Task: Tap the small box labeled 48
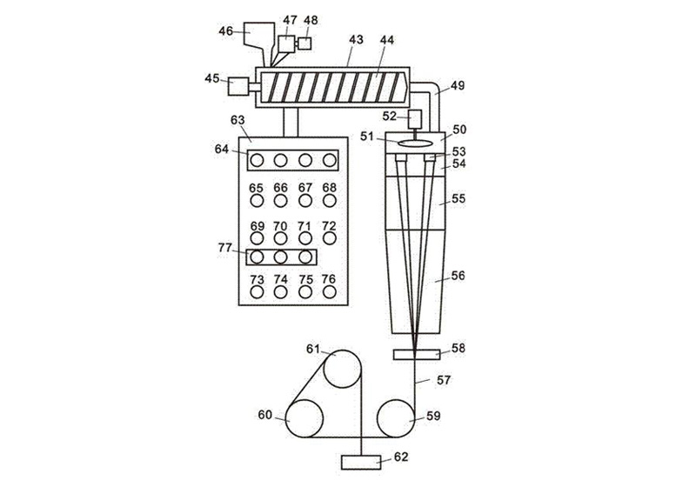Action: [x=304, y=43]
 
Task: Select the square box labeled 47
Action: [x=286, y=43]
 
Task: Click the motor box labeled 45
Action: [x=238, y=86]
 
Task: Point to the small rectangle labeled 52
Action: [x=415, y=117]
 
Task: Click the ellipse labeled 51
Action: [x=416, y=143]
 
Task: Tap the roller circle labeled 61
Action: [x=342, y=369]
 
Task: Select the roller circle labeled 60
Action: [x=304, y=418]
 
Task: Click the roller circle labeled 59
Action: [x=396, y=418]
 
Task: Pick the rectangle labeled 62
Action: [x=361, y=462]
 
